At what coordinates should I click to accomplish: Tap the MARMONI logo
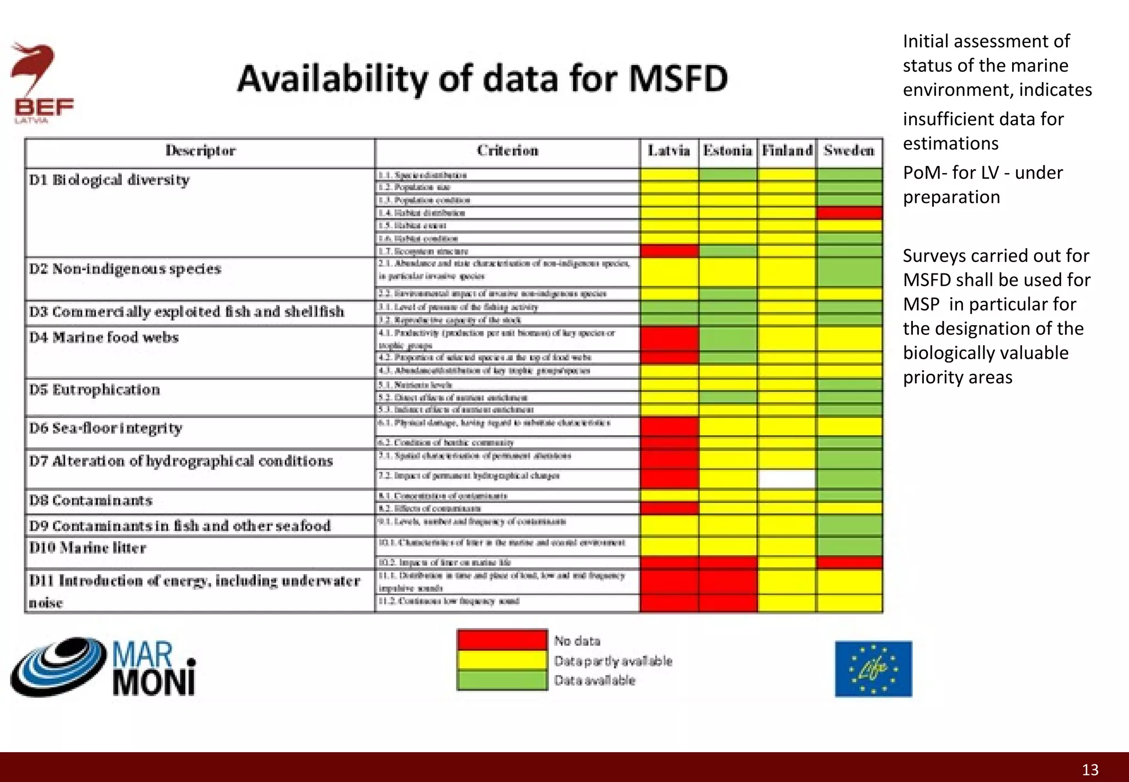click(104, 668)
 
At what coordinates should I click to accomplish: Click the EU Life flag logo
click(873, 669)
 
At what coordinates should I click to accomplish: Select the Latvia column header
click(669, 151)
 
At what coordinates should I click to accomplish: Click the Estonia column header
click(727, 151)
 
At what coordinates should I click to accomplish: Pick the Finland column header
click(787, 151)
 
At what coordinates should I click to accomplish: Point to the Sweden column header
click(849, 151)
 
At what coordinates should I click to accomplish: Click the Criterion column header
click(507, 151)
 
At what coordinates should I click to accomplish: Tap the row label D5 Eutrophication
click(95, 390)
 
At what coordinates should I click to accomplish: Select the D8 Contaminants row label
click(91, 501)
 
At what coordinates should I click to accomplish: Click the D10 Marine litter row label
click(88, 548)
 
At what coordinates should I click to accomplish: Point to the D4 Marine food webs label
click(104, 338)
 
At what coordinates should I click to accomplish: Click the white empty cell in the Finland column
click(787, 479)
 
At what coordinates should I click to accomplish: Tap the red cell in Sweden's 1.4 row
click(849, 213)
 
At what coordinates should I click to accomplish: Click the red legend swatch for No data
click(502, 640)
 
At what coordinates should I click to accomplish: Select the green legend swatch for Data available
click(502, 680)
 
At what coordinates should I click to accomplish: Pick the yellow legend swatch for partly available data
click(502, 660)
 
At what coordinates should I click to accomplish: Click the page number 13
click(1090, 770)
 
